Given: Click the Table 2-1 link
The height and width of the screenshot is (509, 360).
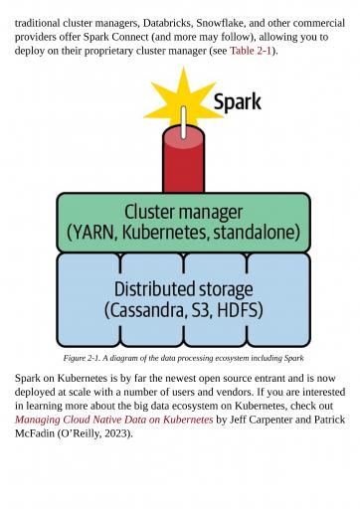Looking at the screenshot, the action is (x=251, y=51).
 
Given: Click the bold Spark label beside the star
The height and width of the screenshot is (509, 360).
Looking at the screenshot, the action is (x=238, y=102).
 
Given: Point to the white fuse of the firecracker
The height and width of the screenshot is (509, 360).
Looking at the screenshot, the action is (x=183, y=122).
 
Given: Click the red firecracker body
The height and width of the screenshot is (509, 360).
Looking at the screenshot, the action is (x=183, y=162).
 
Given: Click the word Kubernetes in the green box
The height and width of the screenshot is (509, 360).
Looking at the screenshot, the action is (x=165, y=233).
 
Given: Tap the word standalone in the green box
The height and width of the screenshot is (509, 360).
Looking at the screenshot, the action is (x=254, y=233).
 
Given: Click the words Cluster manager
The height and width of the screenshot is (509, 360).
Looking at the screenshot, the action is (x=183, y=212).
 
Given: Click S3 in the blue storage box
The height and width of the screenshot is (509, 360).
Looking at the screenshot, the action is (x=200, y=310).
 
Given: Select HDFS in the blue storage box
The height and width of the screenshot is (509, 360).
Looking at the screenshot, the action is (x=238, y=310).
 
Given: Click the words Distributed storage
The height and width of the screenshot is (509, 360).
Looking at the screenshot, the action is (x=183, y=289).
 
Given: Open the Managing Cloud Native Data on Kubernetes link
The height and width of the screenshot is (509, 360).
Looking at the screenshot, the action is (x=113, y=420).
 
